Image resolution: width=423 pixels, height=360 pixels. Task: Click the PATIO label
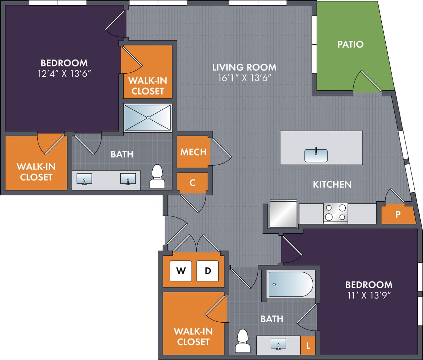point(350,44)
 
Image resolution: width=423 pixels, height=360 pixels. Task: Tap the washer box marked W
point(181,271)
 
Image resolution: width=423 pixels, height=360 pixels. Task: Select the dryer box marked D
point(208,271)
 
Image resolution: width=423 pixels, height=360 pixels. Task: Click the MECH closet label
point(193,152)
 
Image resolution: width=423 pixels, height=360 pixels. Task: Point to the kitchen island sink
point(316,155)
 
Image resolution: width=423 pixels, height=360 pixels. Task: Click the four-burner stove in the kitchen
point(335,213)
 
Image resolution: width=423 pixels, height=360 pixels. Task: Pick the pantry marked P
point(398,215)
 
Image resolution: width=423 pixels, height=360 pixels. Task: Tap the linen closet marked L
point(308,346)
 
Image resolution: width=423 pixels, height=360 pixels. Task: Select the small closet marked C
point(192,182)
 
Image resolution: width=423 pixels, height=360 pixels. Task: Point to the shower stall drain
point(148,118)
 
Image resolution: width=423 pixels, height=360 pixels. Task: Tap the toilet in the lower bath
point(243,341)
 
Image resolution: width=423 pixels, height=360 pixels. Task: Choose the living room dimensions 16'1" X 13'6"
point(244,78)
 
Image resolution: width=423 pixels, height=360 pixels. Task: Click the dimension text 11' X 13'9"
point(368,296)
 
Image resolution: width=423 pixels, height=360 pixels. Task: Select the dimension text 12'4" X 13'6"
point(64,74)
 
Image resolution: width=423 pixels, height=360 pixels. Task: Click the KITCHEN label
point(332,184)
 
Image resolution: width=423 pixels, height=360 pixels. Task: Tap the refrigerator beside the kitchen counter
point(283,214)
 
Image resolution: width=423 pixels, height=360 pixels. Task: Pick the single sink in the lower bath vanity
point(278,343)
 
